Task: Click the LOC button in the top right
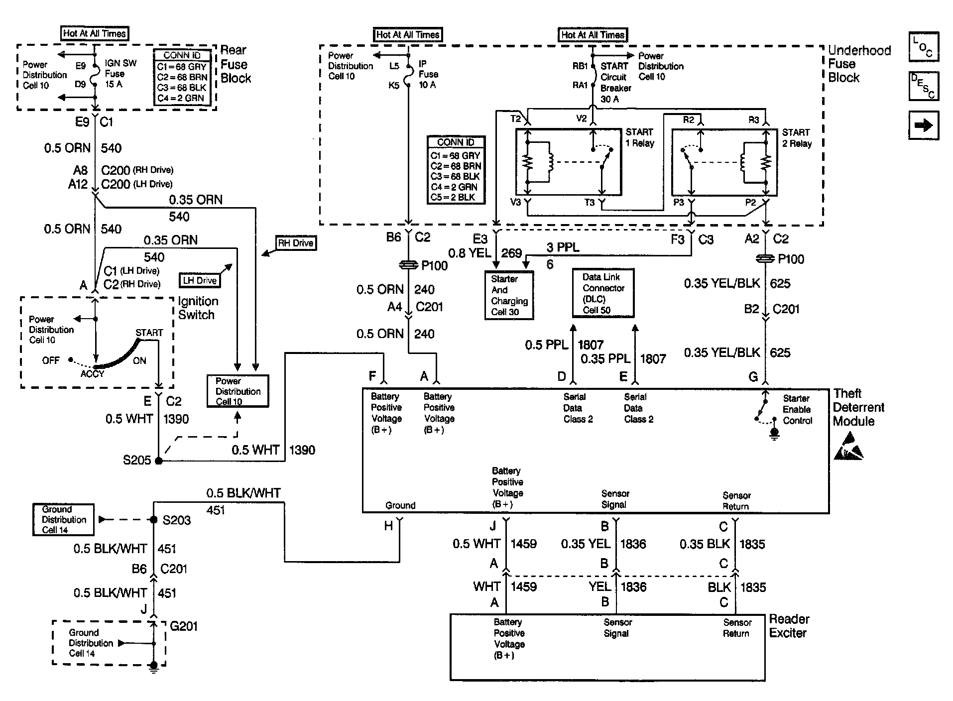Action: [x=924, y=47]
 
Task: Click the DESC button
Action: [x=924, y=86]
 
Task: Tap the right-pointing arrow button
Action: [x=924, y=125]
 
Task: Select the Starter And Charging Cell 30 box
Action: [x=509, y=295]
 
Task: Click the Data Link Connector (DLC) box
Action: [x=603, y=293]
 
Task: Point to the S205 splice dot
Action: [x=159, y=461]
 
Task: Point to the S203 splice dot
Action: [x=154, y=520]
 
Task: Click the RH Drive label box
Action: [x=296, y=243]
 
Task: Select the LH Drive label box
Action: [x=200, y=280]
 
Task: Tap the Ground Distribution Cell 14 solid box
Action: [x=63, y=519]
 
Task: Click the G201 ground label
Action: [x=184, y=626]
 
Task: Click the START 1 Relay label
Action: [x=640, y=137]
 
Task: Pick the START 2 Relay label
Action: [x=797, y=138]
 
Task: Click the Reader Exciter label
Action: [x=789, y=626]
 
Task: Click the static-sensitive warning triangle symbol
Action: [x=849, y=446]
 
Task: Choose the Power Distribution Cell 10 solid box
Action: [x=238, y=391]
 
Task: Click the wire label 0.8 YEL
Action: [x=470, y=253]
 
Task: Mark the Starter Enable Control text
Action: [x=797, y=409]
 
